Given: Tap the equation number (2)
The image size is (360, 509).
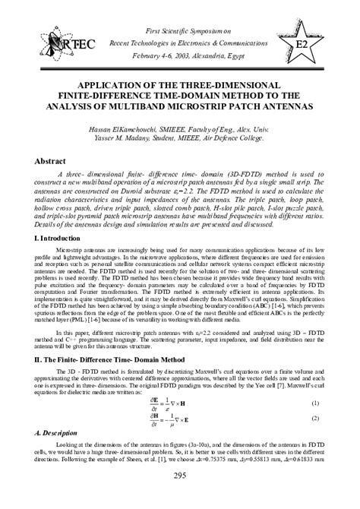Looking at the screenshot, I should (315, 419).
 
